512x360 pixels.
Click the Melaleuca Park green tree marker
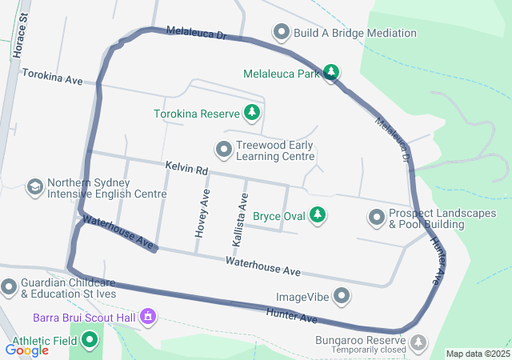[331, 73]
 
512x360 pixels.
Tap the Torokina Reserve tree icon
[252, 113]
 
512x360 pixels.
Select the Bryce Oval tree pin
[318, 215]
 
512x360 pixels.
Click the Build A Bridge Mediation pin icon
[281, 33]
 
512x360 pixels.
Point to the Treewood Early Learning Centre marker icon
[223, 150]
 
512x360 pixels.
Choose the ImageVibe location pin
[342, 297]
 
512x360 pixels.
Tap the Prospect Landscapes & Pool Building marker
[376, 217]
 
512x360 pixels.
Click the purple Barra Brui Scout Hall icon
[147, 318]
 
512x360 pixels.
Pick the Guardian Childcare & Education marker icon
[9, 286]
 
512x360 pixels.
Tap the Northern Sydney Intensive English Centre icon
[34, 187]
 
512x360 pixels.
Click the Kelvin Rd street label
[186, 169]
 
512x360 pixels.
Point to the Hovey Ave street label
[201, 213]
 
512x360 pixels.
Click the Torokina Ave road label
[53, 76]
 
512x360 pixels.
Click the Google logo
[26, 350]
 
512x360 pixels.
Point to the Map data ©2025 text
[478, 354]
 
